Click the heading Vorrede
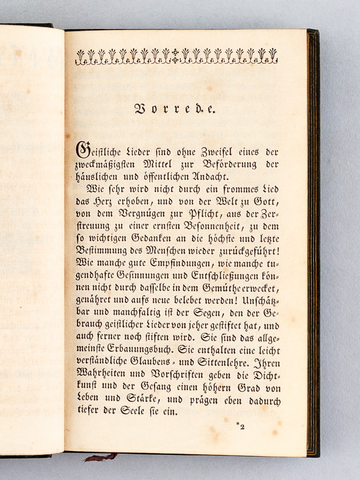coord(176,110)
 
